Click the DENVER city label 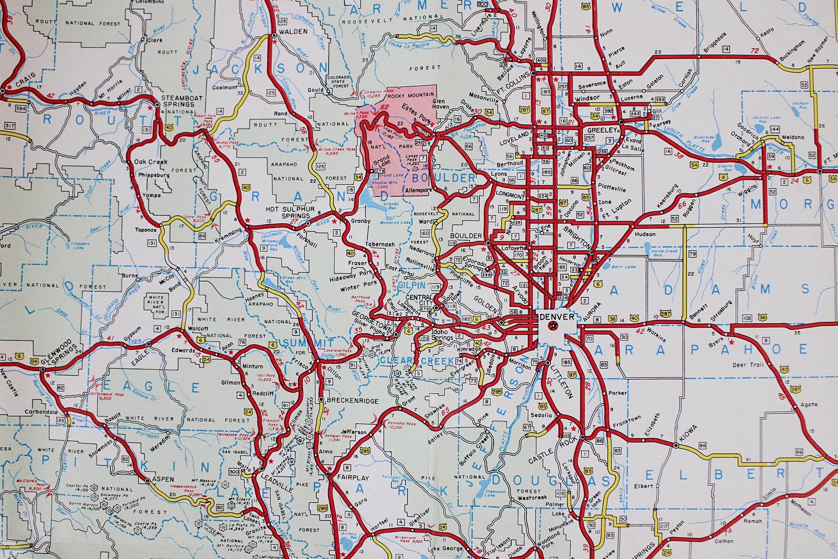click(557, 317)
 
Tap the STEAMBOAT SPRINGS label click(182, 101)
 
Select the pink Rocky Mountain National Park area click(400, 142)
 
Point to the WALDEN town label click(293, 31)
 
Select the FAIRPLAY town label click(353, 478)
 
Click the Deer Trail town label click(748, 365)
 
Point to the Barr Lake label click(623, 267)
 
